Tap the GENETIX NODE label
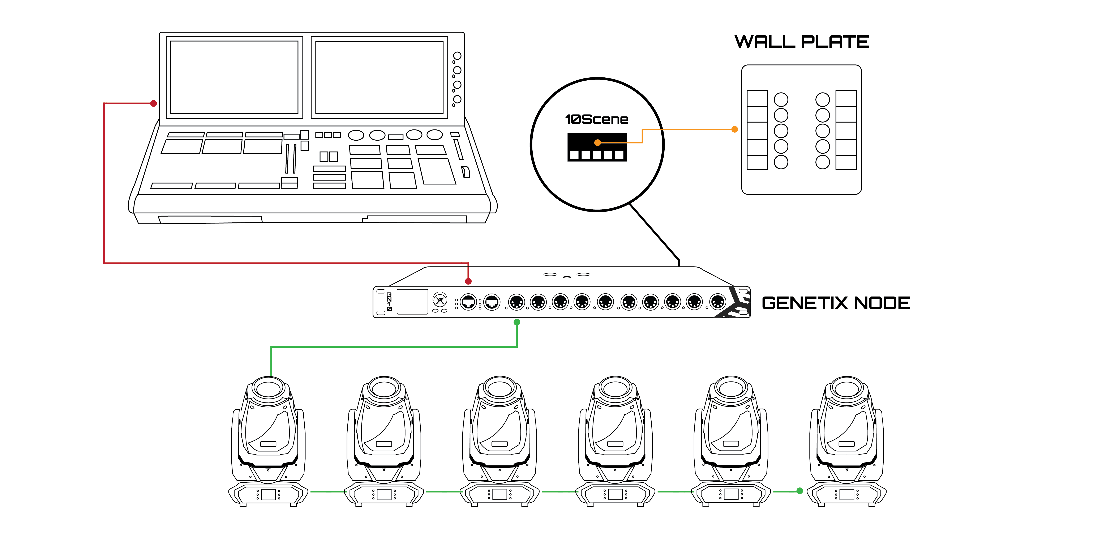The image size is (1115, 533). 835,303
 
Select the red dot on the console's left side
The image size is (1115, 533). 153,103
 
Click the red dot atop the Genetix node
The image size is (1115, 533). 468,281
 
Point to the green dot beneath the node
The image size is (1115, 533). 517,323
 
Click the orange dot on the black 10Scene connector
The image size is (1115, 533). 597,142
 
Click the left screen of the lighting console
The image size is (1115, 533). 234,77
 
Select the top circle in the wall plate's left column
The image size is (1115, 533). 781,100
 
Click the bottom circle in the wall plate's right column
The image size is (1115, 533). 822,162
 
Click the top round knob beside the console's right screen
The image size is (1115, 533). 457,56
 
